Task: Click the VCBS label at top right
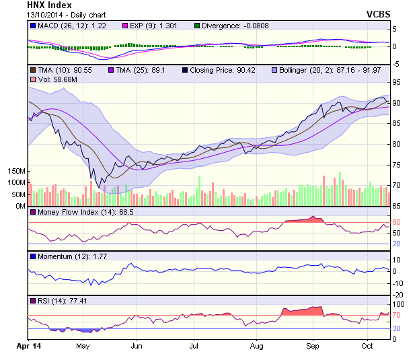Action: [379, 14]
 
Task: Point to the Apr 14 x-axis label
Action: [27, 346]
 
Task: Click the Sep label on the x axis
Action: [312, 346]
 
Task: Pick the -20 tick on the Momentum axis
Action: [397, 295]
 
